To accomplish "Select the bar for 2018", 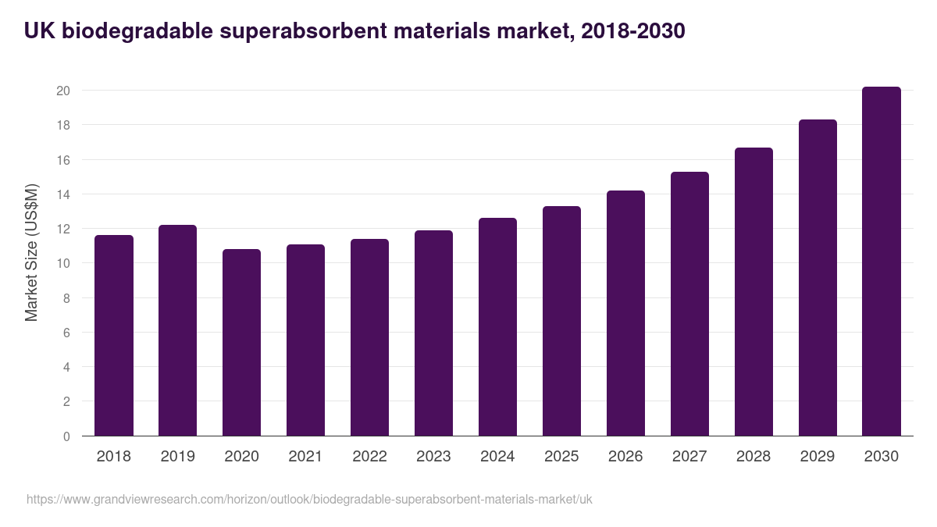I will pos(114,336).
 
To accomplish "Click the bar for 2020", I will pos(242,343).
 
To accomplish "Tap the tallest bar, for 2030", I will pos(882,262).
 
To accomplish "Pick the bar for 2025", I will pos(561,321).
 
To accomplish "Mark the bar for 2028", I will pos(754,292).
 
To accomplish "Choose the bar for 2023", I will pos(433,333).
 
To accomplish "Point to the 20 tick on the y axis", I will pos(63,91).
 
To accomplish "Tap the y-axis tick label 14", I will pos(63,194).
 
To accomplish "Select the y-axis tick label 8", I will pos(67,298).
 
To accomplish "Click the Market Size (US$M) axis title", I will pos(31,252).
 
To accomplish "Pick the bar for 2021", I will pos(305,340).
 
